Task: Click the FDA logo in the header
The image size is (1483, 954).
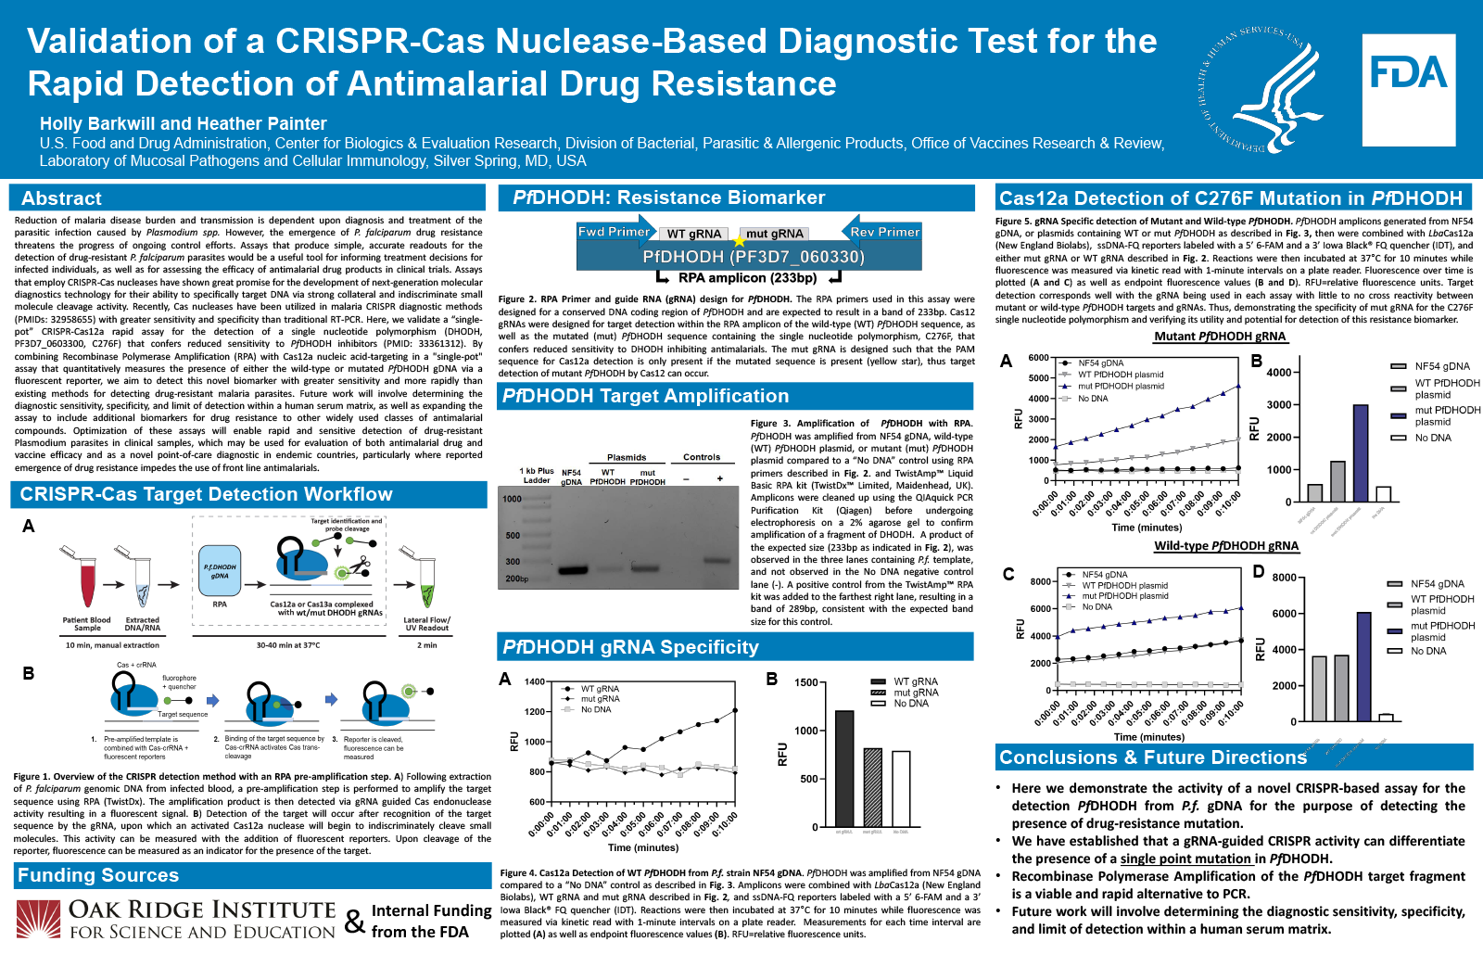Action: (1408, 73)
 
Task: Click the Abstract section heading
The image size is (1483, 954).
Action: (61, 198)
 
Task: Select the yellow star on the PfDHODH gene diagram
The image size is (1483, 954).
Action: (739, 241)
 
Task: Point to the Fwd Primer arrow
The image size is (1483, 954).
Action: (613, 232)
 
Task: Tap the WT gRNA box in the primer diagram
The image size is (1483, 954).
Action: (693, 234)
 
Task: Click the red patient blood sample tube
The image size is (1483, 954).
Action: (87, 584)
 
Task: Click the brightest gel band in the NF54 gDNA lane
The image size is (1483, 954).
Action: (572, 570)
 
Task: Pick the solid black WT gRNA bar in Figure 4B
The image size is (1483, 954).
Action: (843, 768)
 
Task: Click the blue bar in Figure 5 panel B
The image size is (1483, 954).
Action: (1360, 452)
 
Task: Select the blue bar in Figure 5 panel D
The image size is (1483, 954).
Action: (1363, 666)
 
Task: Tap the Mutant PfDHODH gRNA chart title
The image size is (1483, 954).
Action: (1220, 337)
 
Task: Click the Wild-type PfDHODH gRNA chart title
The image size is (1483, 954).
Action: (1225, 546)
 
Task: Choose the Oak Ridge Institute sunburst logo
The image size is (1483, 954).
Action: (38, 920)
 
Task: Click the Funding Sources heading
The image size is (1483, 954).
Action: (98, 875)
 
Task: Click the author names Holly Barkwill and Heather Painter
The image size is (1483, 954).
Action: (183, 123)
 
